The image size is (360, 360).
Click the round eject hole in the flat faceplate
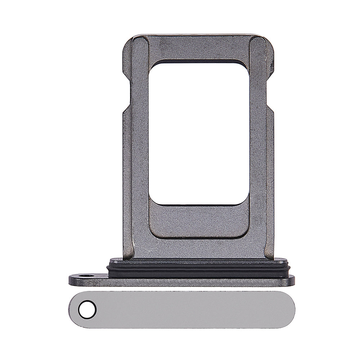pyautogui.click(x=87, y=310)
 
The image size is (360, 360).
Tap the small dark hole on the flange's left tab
pyautogui.click(x=86, y=276)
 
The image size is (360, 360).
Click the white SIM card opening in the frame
pyautogui.click(x=199, y=133)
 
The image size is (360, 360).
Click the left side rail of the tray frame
pyautogui.click(x=139, y=151)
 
